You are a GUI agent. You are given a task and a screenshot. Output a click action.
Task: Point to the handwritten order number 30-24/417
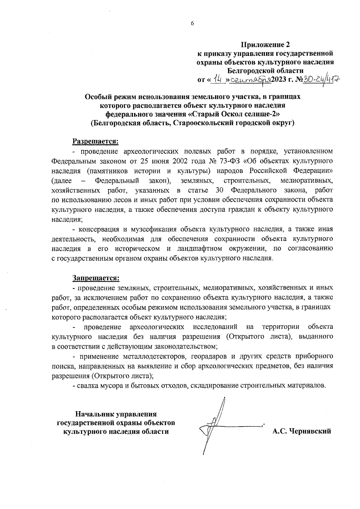(322, 80)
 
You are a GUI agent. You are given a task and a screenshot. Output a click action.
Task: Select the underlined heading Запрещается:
(96, 278)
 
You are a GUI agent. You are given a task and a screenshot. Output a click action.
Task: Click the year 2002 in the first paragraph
(182, 161)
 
